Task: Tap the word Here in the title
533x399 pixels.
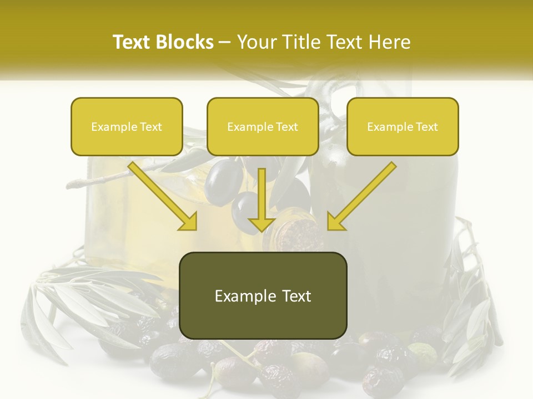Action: click(390, 42)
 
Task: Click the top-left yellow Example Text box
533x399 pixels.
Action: click(127, 126)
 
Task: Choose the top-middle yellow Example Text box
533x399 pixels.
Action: click(263, 126)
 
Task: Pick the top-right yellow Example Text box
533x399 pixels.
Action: click(403, 126)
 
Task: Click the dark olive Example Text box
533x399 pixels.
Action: click(263, 295)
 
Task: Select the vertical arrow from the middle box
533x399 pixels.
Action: click(262, 194)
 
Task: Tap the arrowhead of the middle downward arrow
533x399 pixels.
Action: click(262, 224)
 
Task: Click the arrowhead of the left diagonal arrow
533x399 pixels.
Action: click(189, 222)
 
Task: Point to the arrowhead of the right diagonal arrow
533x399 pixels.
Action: click(335, 222)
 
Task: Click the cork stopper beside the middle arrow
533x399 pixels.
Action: click(298, 233)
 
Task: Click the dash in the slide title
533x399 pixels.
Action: click(225, 42)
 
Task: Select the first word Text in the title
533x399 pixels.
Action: click(132, 42)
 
